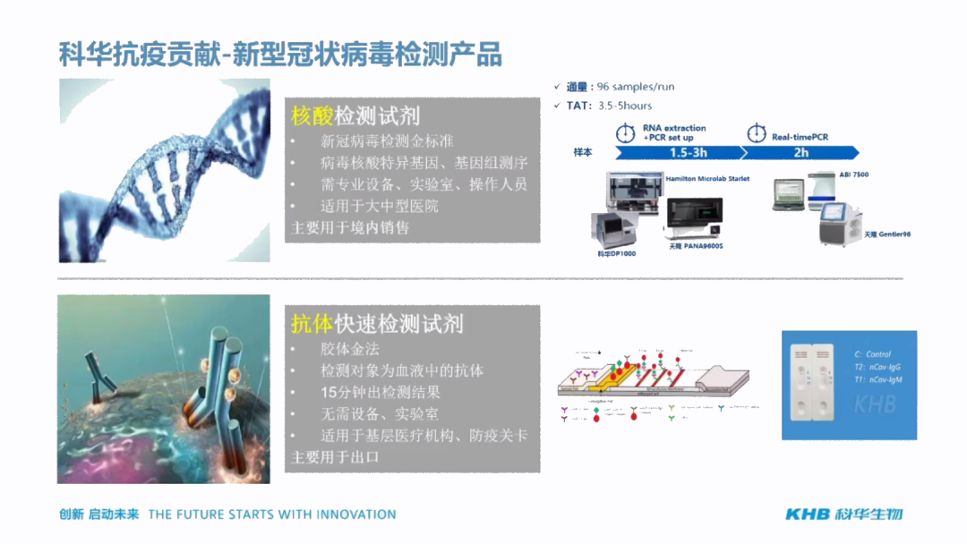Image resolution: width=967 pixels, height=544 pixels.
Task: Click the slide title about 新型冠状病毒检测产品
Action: [280, 55]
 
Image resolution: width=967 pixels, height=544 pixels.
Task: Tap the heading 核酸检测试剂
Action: [355, 115]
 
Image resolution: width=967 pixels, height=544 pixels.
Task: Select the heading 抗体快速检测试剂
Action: [377, 323]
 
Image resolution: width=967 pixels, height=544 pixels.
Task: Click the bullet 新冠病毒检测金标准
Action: [387, 141]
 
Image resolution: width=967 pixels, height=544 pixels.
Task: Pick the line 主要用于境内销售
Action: [350, 227]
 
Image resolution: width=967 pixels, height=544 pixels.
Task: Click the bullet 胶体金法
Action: [350, 349]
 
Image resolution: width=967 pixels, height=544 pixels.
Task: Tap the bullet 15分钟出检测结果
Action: [381, 392]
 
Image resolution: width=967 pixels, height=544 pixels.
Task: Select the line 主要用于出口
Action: [336, 456]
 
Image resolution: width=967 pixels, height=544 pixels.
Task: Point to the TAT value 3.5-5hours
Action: [625, 106]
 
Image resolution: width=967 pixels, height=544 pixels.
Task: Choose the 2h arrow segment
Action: [800, 153]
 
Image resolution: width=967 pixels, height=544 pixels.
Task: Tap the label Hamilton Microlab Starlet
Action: [707, 179]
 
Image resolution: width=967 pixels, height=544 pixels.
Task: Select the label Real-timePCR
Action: [800, 137]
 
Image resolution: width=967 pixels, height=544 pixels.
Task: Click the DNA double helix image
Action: [164, 170]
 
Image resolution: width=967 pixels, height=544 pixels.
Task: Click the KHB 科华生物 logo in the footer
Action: [843, 514]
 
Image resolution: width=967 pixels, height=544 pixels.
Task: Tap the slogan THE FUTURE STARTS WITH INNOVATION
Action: [272, 514]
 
